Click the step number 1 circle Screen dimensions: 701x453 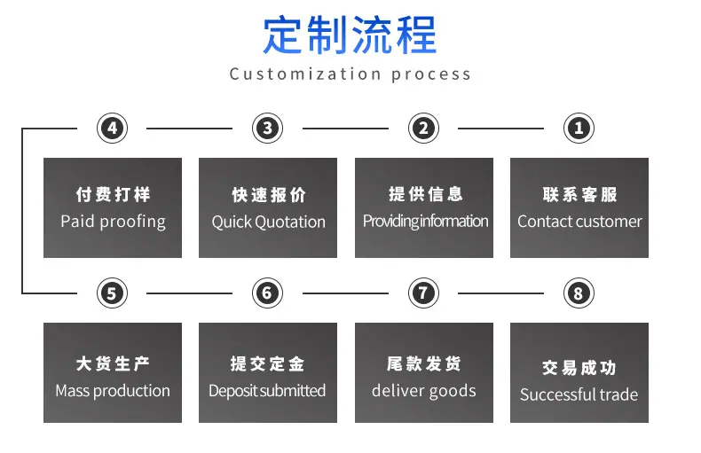[x=579, y=129]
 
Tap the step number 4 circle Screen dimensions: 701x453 [x=112, y=129]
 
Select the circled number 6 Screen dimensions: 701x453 [x=267, y=293]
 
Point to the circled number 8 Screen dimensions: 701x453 [x=579, y=293]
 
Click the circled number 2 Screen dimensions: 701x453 [x=423, y=129]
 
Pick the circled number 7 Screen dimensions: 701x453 [x=423, y=293]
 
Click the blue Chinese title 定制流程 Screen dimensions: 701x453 [x=350, y=35]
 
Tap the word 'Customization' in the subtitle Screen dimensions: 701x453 [x=305, y=74]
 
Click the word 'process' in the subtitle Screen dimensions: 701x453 [x=431, y=74]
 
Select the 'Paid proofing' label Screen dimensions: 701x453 [x=113, y=222]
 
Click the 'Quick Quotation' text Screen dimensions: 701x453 [x=268, y=222]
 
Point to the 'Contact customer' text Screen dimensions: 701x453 [x=579, y=221]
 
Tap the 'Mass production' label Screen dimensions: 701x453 [x=113, y=391]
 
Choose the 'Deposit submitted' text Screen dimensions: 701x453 [x=267, y=391]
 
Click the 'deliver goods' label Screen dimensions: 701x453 [x=424, y=391]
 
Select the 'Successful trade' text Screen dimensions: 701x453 [x=579, y=394]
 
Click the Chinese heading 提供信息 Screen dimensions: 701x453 [x=426, y=194]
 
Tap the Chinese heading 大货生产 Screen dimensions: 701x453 [x=113, y=363]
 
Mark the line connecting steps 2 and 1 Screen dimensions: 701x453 [x=500, y=129]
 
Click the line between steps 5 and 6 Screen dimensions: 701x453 [x=189, y=293]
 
